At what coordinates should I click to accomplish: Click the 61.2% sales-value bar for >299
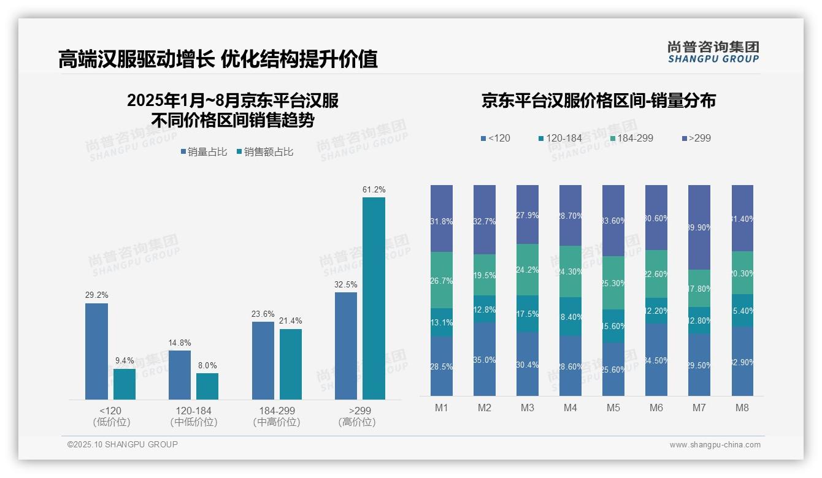pos(374,298)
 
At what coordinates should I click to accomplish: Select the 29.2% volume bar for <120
pos(96,351)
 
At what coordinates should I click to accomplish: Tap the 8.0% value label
pos(207,365)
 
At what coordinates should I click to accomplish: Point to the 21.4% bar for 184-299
pos(291,364)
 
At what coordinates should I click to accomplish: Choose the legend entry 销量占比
pos(205,152)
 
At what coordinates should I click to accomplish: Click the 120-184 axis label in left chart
pos(193,411)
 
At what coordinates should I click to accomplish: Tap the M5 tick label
pos(613,408)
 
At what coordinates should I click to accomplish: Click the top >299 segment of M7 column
pos(699,227)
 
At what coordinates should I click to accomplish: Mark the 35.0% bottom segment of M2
pos(484,359)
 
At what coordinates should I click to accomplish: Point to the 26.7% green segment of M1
pos(441,280)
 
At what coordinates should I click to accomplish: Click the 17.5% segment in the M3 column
pos(527,314)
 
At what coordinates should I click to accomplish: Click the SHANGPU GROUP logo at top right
pos(713,51)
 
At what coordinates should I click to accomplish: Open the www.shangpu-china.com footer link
pos(715,445)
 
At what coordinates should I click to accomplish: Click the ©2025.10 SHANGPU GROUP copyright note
pos(123,444)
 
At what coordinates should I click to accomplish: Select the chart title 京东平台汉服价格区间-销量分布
pos(598,101)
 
